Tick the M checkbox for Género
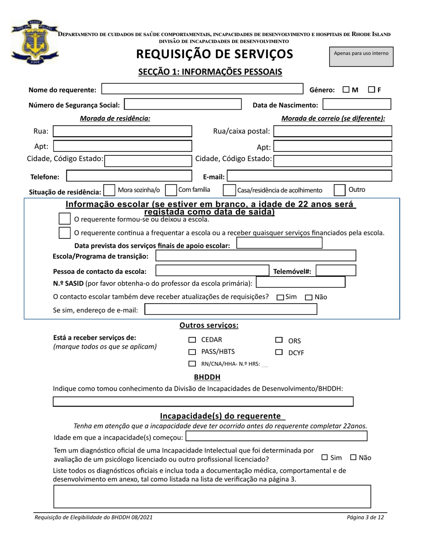(x=346, y=90)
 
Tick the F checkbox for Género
(x=372, y=90)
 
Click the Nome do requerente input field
(x=202, y=89)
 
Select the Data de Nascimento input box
(x=357, y=105)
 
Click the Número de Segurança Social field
(x=183, y=105)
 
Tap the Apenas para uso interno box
(x=361, y=56)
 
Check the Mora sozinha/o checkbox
(x=109, y=190)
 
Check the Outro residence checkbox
(x=339, y=190)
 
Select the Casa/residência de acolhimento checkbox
(x=229, y=190)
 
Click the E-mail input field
(x=309, y=176)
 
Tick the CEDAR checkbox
(x=192, y=340)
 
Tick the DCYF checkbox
(x=279, y=352)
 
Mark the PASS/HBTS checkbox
(x=192, y=352)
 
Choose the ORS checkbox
(x=279, y=340)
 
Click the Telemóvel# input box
(x=336, y=271)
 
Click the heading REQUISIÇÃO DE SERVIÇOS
(x=214, y=54)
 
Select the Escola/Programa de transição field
(x=255, y=256)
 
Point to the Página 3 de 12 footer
(x=366, y=517)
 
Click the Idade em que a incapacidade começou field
(x=276, y=436)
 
